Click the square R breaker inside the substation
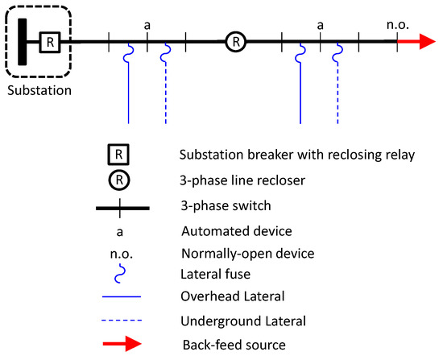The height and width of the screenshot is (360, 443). coord(51,40)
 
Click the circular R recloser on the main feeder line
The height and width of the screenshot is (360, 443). coord(234,40)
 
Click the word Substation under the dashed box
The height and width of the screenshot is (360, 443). coord(39,89)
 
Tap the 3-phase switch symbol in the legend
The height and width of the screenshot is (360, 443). coord(121,208)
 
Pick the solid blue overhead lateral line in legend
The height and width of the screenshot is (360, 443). coord(121,297)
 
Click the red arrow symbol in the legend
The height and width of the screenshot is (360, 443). coord(121,346)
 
